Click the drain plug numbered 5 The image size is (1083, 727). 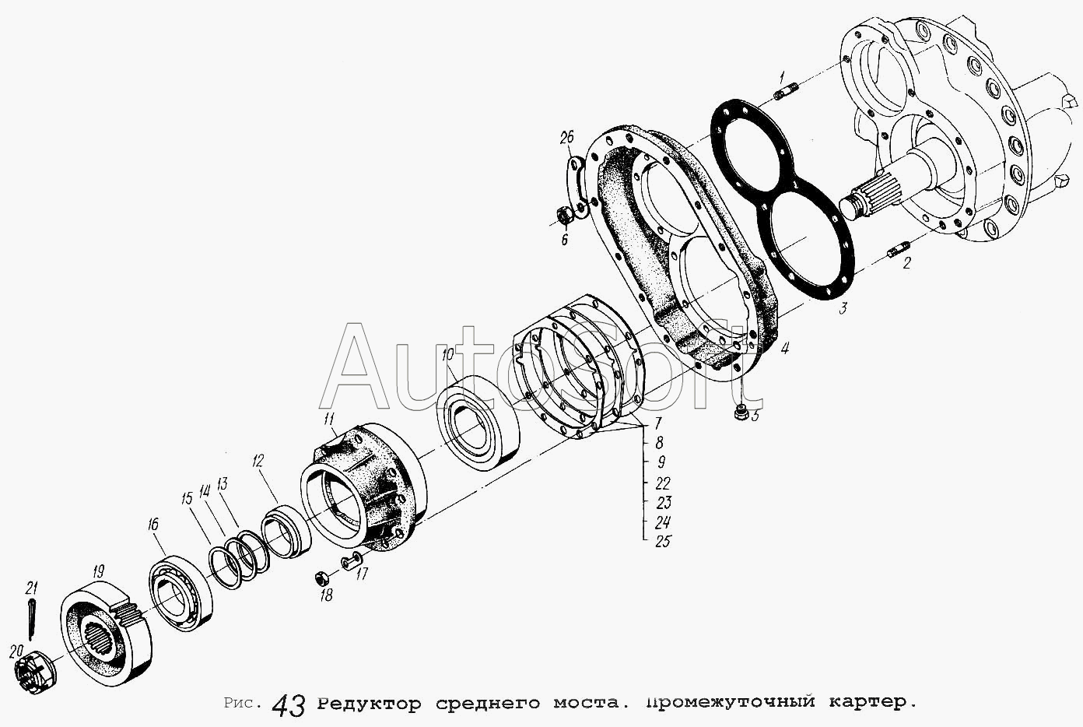click(x=741, y=412)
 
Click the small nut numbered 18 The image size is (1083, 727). click(x=320, y=578)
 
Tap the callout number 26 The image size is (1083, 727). click(x=566, y=139)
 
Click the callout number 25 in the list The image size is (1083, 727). click(x=663, y=541)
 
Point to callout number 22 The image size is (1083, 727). click(x=663, y=483)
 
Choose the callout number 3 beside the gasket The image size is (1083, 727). click(x=843, y=308)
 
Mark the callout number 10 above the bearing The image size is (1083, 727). click(x=447, y=356)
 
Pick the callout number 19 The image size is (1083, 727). click(x=98, y=572)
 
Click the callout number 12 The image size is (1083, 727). click(x=258, y=461)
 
